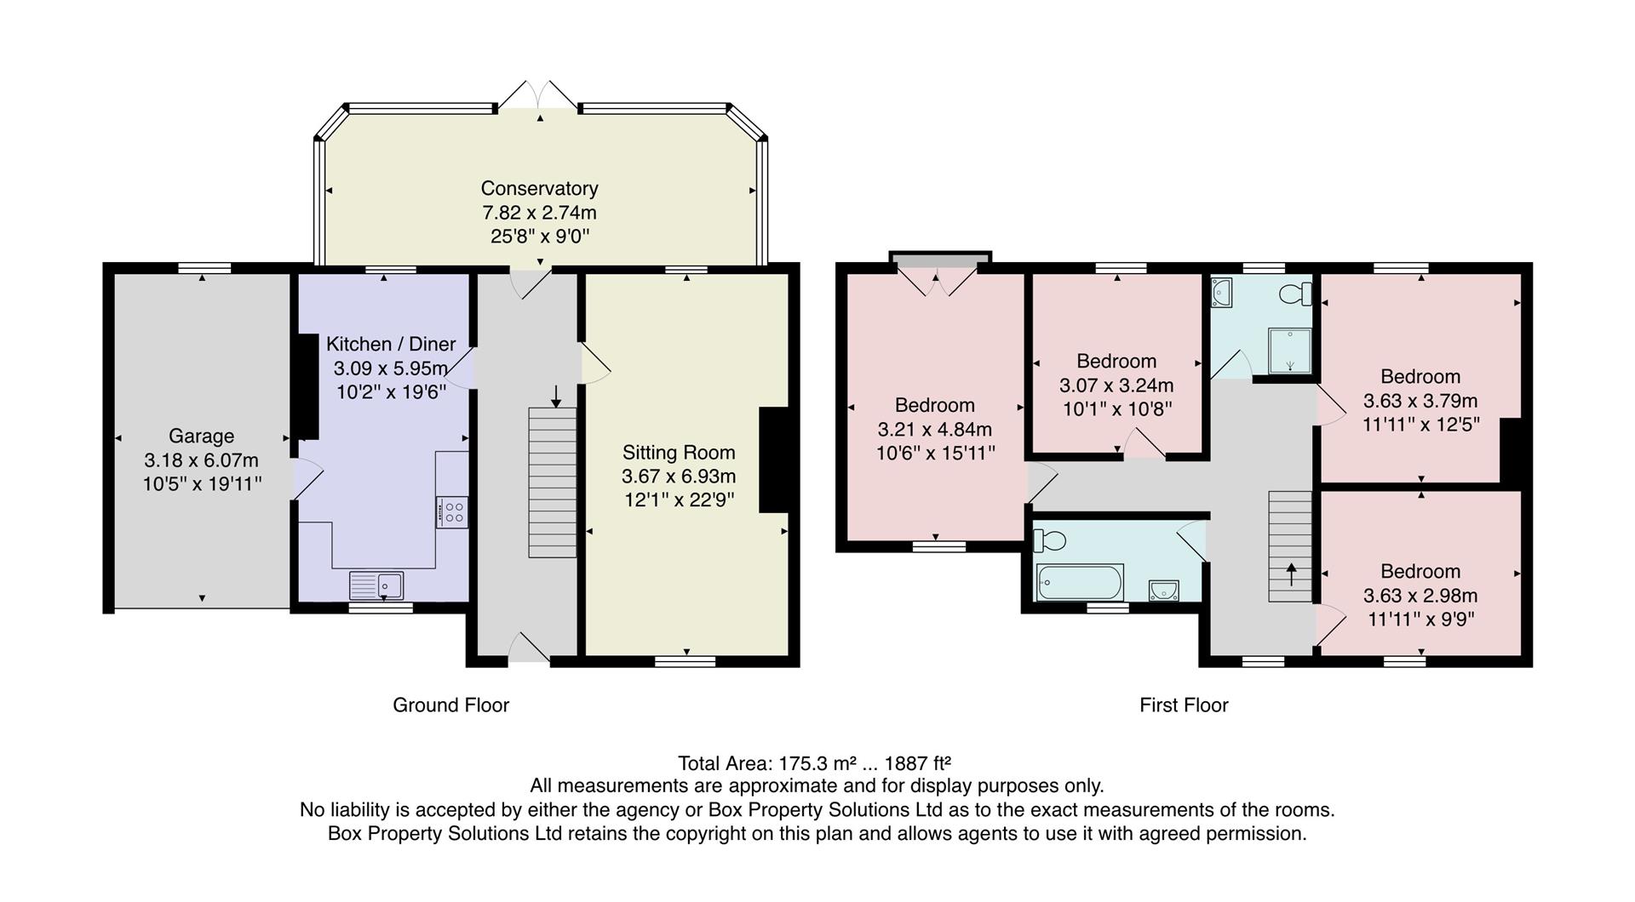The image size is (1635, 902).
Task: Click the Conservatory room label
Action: (x=539, y=188)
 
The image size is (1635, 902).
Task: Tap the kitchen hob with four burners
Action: (x=451, y=511)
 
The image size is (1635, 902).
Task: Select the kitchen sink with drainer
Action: (x=376, y=585)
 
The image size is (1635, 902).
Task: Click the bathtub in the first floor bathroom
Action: (x=1079, y=583)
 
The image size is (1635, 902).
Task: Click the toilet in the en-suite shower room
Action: (x=1296, y=294)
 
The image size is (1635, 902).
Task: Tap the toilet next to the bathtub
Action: (x=1050, y=540)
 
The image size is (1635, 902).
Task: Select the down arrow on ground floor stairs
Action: (x=556, y=396)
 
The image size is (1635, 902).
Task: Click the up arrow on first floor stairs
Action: (x=1291, y=574)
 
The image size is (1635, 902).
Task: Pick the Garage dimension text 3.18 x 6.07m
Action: (x=201, y=460)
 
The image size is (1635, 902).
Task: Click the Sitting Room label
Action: (x=678, y=453)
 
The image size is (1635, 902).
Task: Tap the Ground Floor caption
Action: (x=450, y=705)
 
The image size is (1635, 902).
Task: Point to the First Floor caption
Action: (x=1184, y=705)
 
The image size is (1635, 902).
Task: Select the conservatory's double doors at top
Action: (x=537, y=95)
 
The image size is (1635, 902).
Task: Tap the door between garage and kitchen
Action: (x=307, y=478)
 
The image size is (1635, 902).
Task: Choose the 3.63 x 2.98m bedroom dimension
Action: (x=1420, y=596)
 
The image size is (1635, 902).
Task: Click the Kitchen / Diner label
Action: (x=391, y=344)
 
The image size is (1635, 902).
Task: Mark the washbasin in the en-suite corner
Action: (x=1222, y=293)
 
